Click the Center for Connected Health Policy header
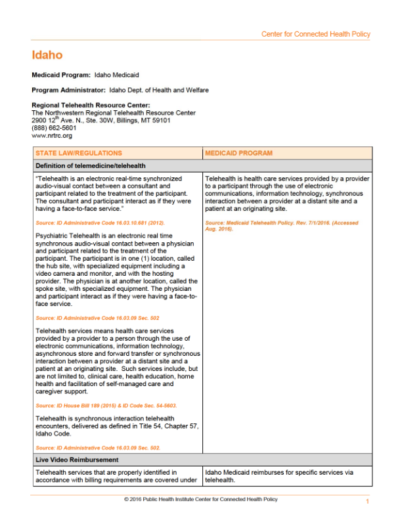(315, 34)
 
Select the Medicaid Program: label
(61, 76)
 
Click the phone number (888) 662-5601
(54, 128)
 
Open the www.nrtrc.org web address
(52, 135)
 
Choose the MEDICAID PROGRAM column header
(238, 153)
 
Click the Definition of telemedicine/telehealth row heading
(91, 165)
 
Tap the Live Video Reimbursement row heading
(77, 460)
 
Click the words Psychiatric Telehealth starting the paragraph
(66, 235)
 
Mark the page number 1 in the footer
(367, 502)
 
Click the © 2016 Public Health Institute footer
(200, 500)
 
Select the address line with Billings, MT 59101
(101, 120)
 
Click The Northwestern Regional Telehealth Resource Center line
(114, 113)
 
